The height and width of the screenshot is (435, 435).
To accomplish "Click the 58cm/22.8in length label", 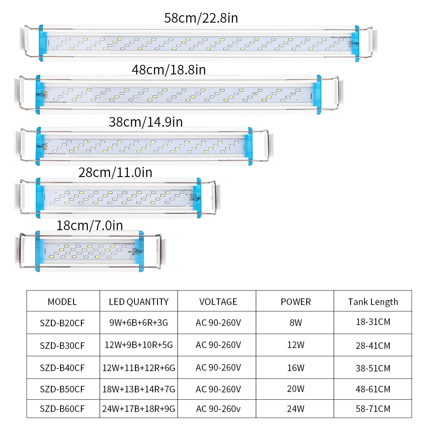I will click(201, 18).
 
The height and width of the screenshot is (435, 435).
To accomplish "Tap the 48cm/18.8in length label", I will click(169, 70).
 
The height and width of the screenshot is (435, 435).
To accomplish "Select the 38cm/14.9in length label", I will click(146, 122).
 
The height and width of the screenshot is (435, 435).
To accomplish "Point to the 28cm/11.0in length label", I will click(115, 173).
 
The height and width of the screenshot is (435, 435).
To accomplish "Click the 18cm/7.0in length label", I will click(90, 225).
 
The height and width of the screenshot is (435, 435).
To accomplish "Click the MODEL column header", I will click(62, 301).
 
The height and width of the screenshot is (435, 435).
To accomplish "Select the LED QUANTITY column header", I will click(139, 301).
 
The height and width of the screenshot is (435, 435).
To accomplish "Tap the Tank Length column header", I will click(373, 301).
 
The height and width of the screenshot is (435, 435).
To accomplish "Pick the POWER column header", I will click(296, 301).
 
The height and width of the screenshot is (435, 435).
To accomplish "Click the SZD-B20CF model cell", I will click(62, 323).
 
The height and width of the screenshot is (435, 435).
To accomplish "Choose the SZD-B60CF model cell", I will click(62, 409).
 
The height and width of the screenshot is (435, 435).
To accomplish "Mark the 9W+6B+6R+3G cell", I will click(139, 323).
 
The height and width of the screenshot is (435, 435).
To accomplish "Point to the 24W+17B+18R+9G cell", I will click(139, 409).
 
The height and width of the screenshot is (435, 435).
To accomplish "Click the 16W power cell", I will click(296, 368).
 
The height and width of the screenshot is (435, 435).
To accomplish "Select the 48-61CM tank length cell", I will click(373, 389).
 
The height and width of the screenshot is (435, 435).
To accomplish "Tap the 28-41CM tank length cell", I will click(373, 345).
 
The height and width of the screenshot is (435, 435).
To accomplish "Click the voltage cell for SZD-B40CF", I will click(218, 368).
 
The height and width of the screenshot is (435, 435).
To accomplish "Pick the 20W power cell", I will click(296, 389).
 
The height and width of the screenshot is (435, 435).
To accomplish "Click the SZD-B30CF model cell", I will click(62, 345).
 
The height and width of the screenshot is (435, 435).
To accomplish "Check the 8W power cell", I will click(296, 323).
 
